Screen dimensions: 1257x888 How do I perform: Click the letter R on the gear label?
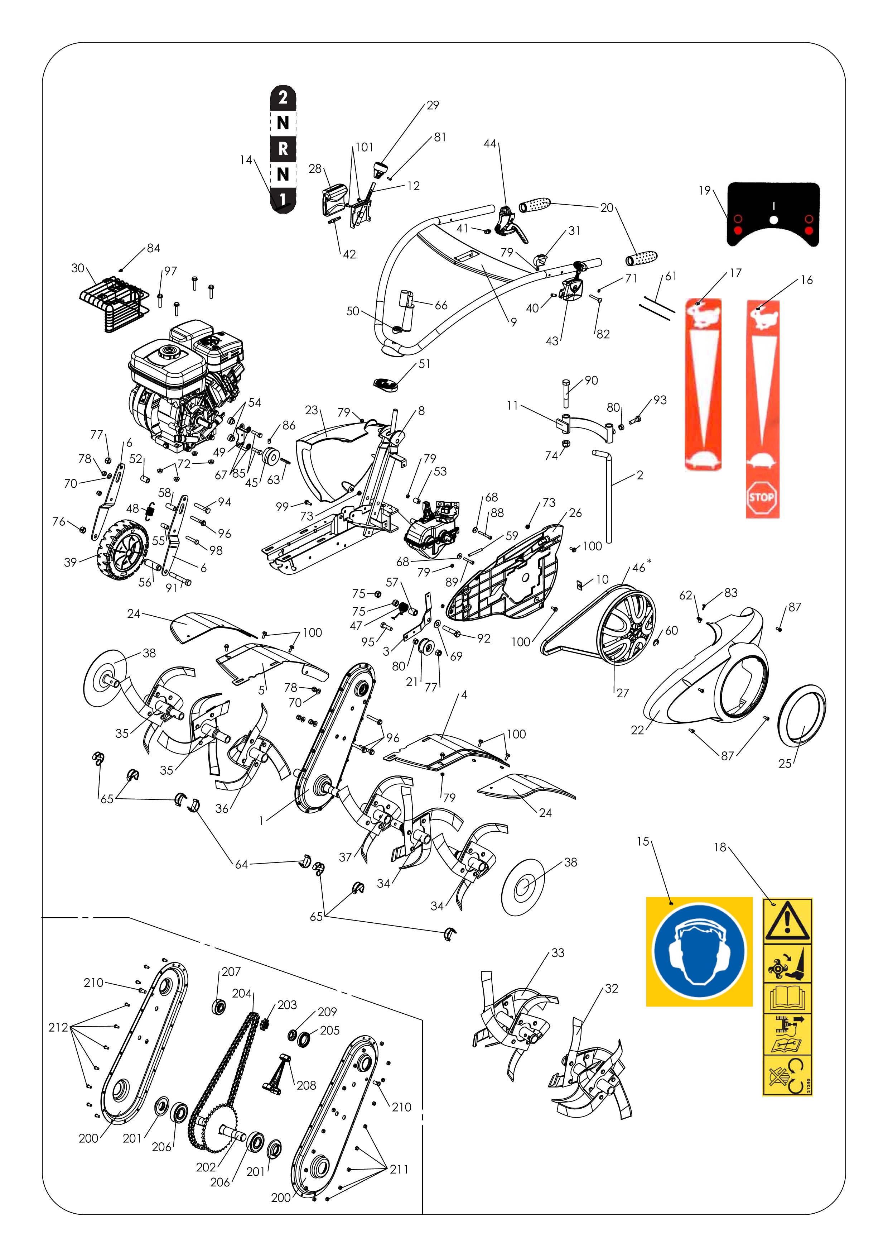point(283,148)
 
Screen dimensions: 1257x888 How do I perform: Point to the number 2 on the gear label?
point(283,98)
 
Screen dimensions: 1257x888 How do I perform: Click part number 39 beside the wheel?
point(70,562)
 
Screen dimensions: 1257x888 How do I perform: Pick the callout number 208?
point(307,1085)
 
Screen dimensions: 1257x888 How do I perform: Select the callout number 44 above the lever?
point(490,143)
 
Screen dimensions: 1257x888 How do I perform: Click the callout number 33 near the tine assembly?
point(558,953)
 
